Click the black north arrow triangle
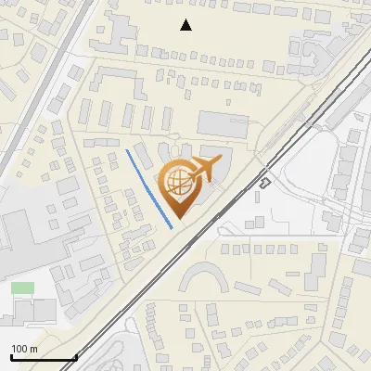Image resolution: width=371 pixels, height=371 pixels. [186, 25]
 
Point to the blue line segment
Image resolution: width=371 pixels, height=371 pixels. [149, 187]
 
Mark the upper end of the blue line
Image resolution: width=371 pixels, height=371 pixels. [127, 150]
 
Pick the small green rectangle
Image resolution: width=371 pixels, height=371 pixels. [22, 288]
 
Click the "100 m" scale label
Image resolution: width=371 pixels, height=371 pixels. [24, 349]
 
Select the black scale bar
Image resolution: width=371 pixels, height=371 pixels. [43, 358]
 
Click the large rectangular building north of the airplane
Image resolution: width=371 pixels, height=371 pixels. [224, 123]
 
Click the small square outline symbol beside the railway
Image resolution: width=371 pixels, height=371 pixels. [264, 183]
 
